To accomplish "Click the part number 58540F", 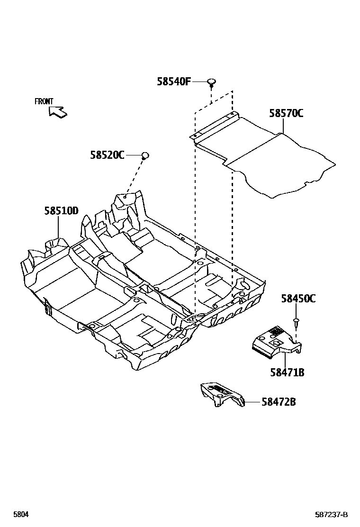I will tap(173, 82).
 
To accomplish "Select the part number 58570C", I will tap(286, 113).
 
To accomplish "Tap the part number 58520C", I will tap(107, 155).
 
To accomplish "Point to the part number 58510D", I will tap(62, 211).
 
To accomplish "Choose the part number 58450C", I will tap(298, 299).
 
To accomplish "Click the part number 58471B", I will tap(287, 373).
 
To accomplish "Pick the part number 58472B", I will tap(279, 402).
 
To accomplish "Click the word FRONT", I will tap(44, 101).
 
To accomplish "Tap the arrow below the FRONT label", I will tap(58, 112).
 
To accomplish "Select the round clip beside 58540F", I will tap(211, 83).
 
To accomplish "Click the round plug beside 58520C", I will tap(145, 154).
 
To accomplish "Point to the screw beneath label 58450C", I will tap(296, 322).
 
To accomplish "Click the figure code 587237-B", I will tap(332, 515).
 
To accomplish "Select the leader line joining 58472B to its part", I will tap(252, 402).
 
